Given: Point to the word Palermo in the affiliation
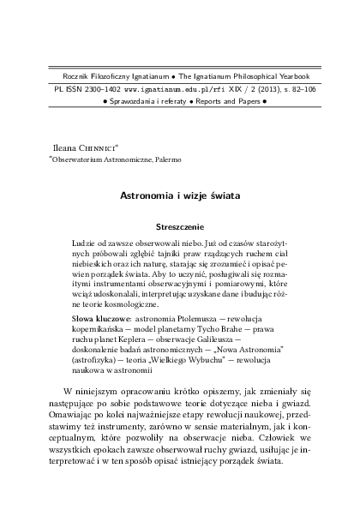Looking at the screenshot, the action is (164, 159).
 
